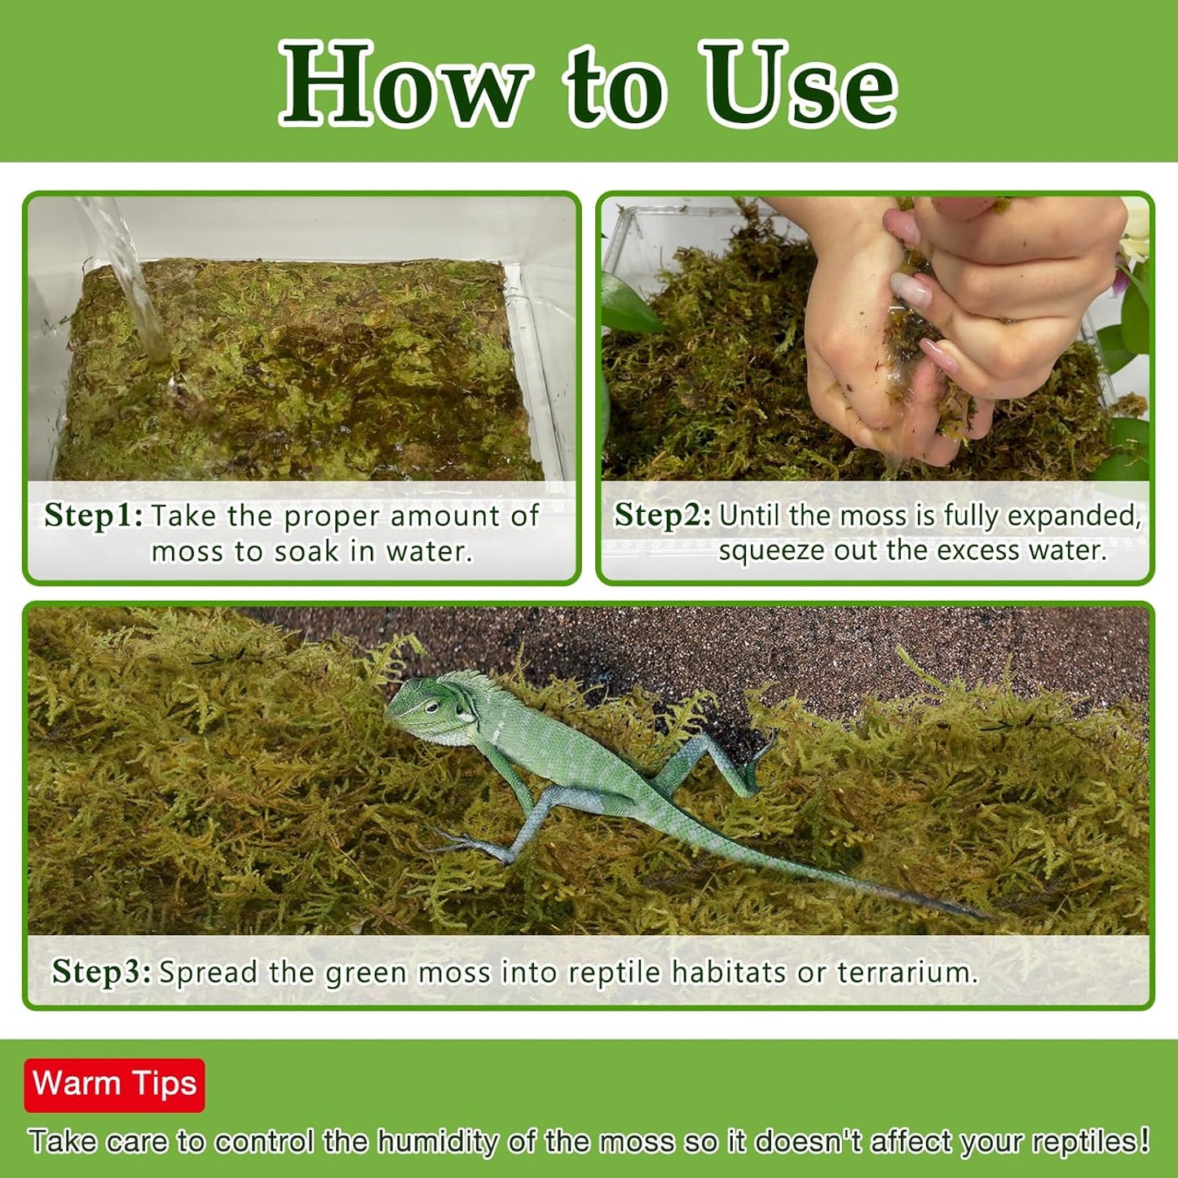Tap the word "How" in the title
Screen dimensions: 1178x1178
[x=404, y=86]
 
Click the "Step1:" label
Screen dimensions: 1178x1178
[x=93, y=516]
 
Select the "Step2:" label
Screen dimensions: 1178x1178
[x=662, y=516]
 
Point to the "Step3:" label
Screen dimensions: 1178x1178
[x=101, y=972]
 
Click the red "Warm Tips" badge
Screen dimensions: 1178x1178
[x=114, y=1084]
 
